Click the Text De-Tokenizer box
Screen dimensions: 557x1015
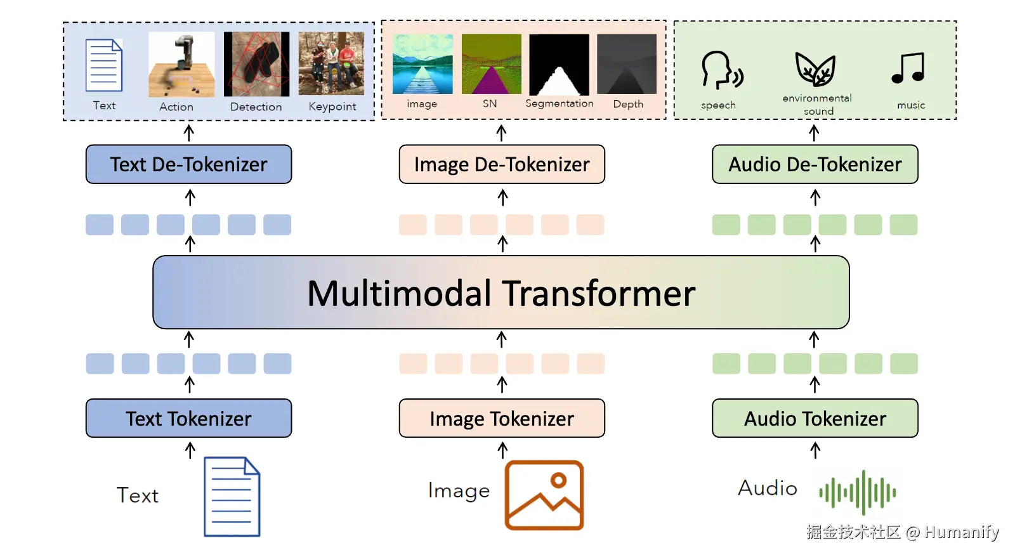pos(188,164)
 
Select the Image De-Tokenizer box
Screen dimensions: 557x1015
pos(502,164)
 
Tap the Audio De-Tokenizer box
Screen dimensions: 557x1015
pos(815,164)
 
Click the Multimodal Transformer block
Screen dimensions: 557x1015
pos(501,292)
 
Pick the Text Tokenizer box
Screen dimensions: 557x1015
pos(188,418)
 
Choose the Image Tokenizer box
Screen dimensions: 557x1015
pos(502,418)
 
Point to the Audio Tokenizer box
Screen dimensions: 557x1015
pos(815,418)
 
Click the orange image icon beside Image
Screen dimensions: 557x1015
pos(544,495)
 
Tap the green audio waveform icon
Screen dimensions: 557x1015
pos(858,492)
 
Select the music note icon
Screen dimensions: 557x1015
pos(908,69)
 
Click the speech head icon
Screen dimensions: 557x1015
pos(721,70)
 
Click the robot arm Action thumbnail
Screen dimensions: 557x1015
pos(181,64)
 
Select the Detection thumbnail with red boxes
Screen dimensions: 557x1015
pos(256,64)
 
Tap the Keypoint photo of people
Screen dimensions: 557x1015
pos(331,64)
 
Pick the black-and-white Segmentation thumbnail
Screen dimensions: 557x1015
pos(559,65)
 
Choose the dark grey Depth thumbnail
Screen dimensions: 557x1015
pos(627,65)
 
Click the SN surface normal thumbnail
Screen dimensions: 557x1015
pos(491,65)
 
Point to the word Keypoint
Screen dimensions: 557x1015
pos(332,107)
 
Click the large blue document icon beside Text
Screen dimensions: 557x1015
pos(232,497)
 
